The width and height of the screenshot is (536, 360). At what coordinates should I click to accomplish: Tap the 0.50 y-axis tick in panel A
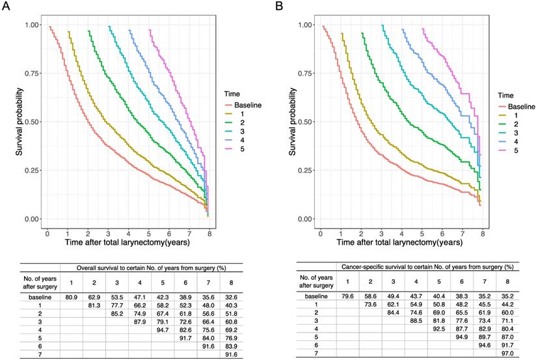click(31, 122)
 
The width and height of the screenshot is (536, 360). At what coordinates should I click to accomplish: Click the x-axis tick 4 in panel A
click(128, 232)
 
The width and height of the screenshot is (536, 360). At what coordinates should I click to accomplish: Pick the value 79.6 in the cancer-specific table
click(347, 298)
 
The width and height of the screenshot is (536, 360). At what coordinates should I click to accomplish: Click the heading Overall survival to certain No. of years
click(151, 267)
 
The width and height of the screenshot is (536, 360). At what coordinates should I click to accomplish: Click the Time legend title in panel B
click(505, 94)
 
